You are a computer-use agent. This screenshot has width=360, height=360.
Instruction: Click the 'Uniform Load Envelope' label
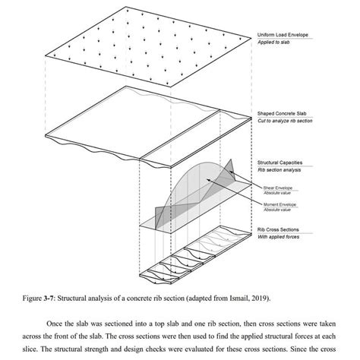pos(282,36)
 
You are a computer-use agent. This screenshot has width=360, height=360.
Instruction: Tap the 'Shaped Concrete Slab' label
pos(281,113)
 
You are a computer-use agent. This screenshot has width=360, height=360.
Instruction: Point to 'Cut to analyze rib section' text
pos(284,121)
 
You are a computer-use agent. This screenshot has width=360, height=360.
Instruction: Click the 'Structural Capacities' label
pos(279,163)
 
